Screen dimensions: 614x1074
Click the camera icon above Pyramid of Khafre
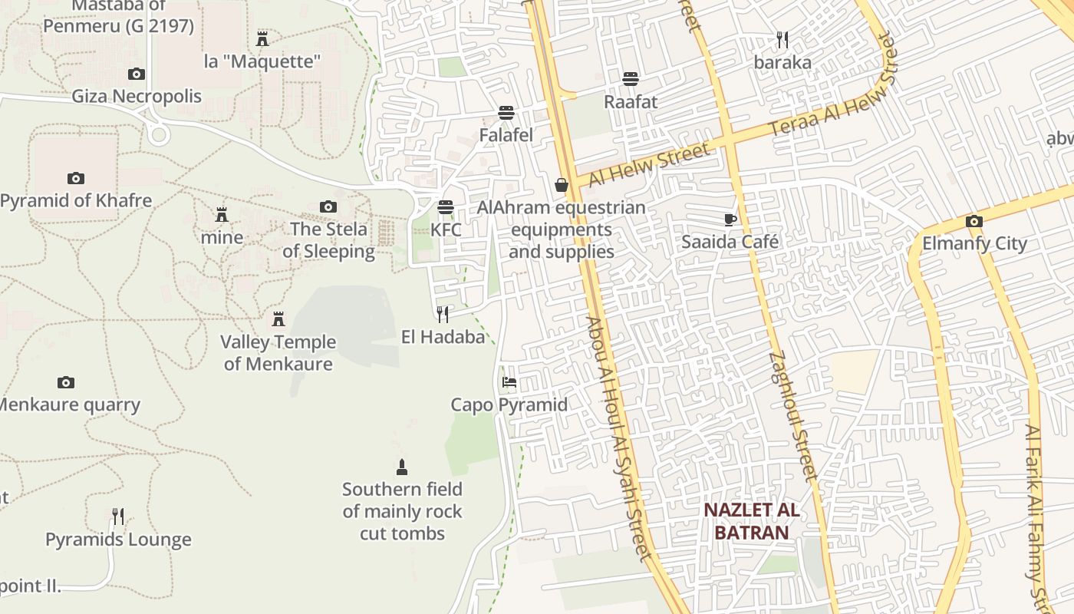(x=76, y=178)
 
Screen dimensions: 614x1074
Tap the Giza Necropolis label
(x=137, y=96)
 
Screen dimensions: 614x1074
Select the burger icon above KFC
(x=446, y=207)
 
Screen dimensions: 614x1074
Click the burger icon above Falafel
(x=506, y=113)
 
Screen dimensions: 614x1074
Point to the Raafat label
(x=631, y=101)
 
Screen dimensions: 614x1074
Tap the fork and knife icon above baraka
(x=782, y=39)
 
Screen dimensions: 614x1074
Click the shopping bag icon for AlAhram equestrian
(x=562, y=185)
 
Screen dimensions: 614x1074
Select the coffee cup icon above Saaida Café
(x=730, y=220)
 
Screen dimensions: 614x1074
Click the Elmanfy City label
(x=974, y=243)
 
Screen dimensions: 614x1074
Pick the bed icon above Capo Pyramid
(x=509, y=382)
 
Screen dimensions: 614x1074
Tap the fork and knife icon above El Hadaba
(x=443, y=314)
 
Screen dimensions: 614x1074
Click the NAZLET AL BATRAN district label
(x=751, y=521)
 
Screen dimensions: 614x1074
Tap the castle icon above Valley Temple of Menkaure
(x=278, y=319)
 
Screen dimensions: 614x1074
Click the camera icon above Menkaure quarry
(x=66, y=382)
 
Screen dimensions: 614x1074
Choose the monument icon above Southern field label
(x=401, y=467)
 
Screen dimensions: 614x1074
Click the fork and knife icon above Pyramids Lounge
(x=118, y=517)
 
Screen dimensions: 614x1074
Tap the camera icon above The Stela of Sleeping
(x=328, y=206)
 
